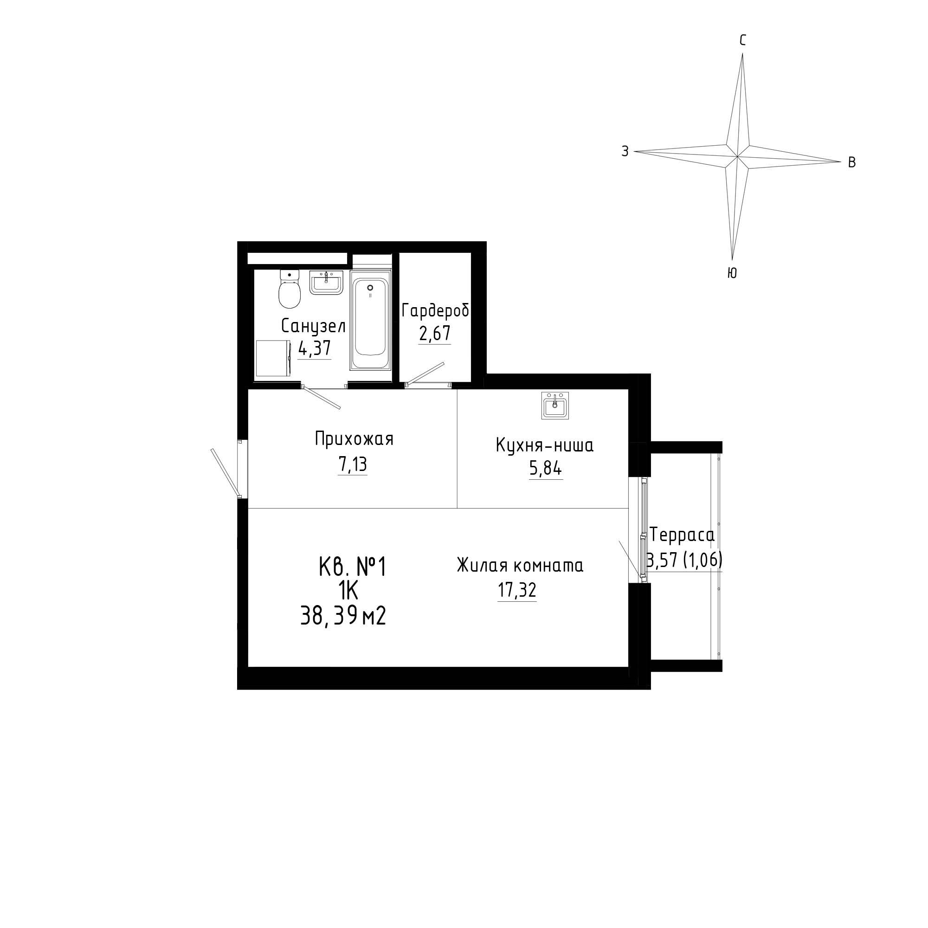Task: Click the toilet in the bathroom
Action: click(x=290, y=289)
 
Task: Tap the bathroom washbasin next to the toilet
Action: click(x=326, y=283)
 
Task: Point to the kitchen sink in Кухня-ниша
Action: click(x=555, y=406)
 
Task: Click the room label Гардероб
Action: click(x=436, y=311)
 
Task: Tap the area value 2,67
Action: click(x=435, y=333)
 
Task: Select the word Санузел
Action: click(x=313, y=327)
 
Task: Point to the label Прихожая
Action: click(x=354, y=438)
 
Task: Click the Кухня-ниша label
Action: click(x=545, y=445)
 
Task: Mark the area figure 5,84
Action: click(x=546, y=468)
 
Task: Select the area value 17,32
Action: click(x=517, y=590)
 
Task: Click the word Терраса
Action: click(x=682, y=534)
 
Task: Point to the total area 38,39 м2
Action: click(x=343, y=616)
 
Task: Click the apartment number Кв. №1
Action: click(x=353, y=567)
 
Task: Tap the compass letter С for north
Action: click(x=742, y=41)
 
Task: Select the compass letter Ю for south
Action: click(x=732, y=273)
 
